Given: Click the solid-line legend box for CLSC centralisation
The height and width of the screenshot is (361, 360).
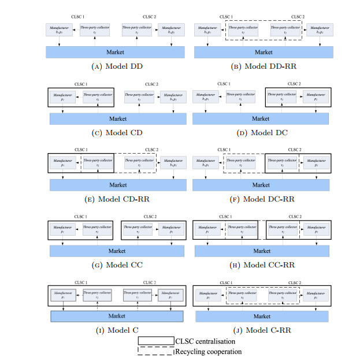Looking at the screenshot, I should click(x=155, y=342).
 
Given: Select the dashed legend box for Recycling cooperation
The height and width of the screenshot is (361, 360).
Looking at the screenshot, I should click(x=155, y=351).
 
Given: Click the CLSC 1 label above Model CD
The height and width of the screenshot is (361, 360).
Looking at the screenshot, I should click(x=79, y=84).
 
